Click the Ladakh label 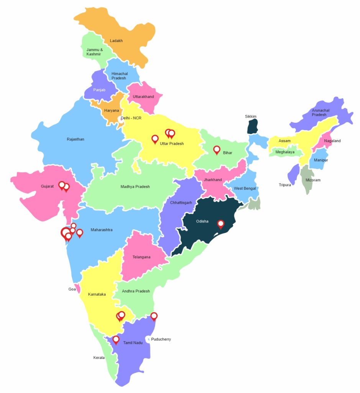(x=116, y=41)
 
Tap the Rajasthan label (x=76, y=139)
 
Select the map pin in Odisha (x=220, y=224)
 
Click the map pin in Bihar (x=217, y=149)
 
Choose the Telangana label (x=141, y=257)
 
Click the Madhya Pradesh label (x=135, y=187)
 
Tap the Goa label (x=72, y=289)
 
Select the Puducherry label (x=161, y=339)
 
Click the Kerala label (x=99, y=358)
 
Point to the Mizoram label (x=313, y=180)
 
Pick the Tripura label (x=285, y=185)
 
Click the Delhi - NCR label (x=131, y=118)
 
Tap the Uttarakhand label (x=143, y=97)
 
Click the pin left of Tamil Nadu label (x=116, y=339)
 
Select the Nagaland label (x=332, y=141)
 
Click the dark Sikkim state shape (x=252, y=126)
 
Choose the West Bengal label (x=245, y=188)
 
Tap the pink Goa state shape (x=78, y=288)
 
